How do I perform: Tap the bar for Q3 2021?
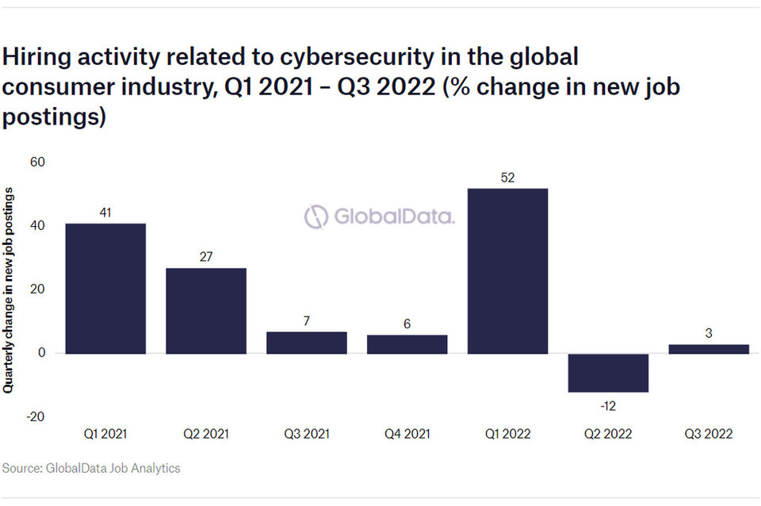click(x=307, y=342)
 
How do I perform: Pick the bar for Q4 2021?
click(x=407, y=343)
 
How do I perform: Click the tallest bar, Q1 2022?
click(x=507, y=270)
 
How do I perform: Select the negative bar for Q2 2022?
click(x=608, y=373)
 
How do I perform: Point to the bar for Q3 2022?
click(x=709, y=349)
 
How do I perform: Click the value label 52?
click(x=508, y=178)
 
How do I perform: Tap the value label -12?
click(x=608, y=406)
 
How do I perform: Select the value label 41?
click(x=105, y=213)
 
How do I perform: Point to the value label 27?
click(x=206, y=257)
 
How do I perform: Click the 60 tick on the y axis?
click(x=37, y=163)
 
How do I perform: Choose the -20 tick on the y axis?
click(x=36, y=416)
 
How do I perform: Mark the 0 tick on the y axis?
click(x=41, y=353)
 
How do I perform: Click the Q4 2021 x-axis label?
click(x=407, y=434)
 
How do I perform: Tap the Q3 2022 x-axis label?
click(x=709, y=434)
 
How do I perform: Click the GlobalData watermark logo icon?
click(x=316, y=217)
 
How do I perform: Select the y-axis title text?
click(x=9, y=290)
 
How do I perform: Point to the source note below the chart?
click(x=91, y=468)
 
